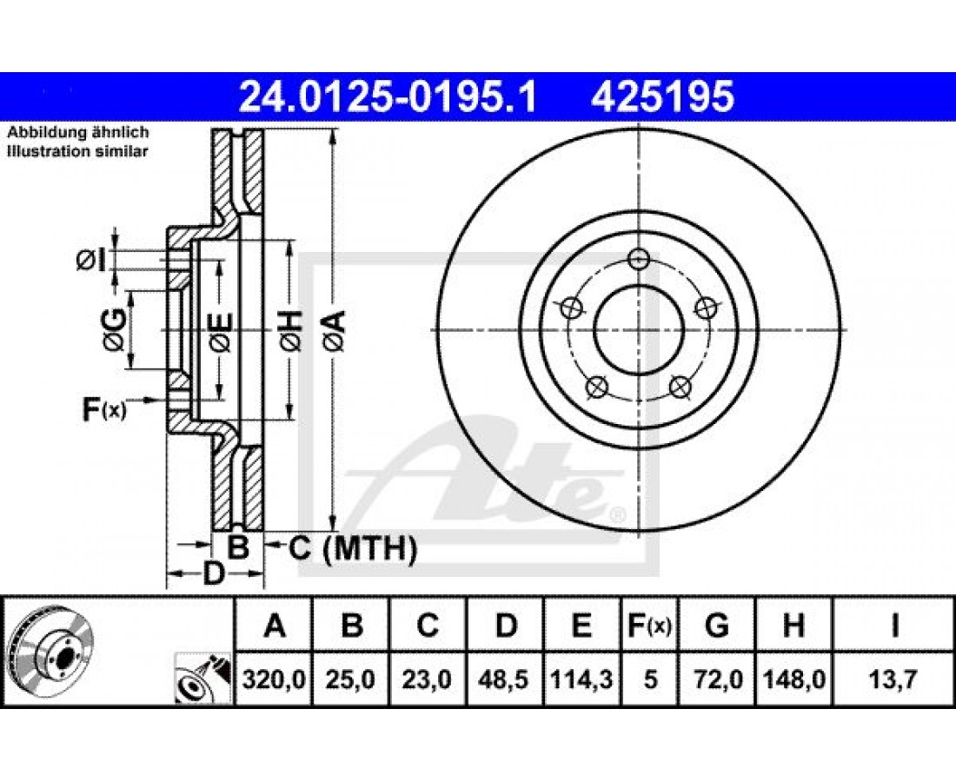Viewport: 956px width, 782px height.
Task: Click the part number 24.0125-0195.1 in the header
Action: click(x=388, y=96)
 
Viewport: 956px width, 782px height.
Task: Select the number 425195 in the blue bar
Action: click(x=662, y=96)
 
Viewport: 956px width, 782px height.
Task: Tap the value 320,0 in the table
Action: click(x=274, y=679)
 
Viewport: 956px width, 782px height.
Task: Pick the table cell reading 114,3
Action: click(x=581, y=679)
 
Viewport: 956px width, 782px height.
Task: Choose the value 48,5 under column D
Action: click(x=504, y=679)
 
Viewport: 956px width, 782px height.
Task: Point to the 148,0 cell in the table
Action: click(x=793, y=679)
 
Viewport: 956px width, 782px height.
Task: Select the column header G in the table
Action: click(x=716, y=626)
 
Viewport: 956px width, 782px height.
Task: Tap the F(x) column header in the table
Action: click(x=649, y=626)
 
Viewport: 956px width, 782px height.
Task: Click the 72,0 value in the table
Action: click(x=717, y=679)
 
